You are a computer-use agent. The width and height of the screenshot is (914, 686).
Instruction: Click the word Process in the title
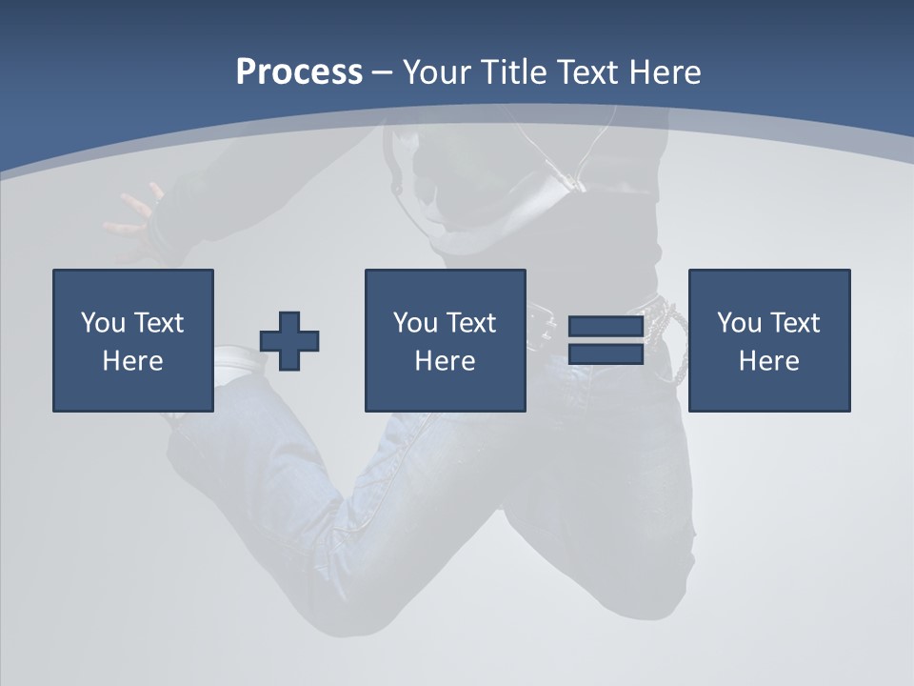pos(299,72)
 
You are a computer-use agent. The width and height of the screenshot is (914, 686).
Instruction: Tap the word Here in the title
pos(665,72)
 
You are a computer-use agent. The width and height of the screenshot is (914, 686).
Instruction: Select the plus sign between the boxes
pos(289,341)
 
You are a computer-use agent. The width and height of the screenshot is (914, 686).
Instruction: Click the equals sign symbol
pos(606,340)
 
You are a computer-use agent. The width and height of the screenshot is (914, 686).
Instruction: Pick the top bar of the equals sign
pos(606,327)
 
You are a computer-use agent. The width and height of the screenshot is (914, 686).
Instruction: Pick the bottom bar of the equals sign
pos(606,353)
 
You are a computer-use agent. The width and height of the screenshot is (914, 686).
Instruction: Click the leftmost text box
pos(133,340)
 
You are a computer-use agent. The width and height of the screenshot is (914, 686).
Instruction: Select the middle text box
pos(445,340)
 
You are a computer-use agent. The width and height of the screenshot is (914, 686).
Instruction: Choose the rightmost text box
pos(768,340)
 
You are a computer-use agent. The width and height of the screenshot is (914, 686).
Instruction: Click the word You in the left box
pos(103,323)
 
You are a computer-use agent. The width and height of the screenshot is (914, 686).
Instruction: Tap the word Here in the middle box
pos(445,361)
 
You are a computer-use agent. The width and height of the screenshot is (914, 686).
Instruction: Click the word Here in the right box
pos(768,361)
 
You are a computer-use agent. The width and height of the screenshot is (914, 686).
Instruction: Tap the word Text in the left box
pos(158,323)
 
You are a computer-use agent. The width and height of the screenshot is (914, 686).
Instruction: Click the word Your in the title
pos(438,72)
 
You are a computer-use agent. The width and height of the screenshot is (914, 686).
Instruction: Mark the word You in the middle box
pos(415,323)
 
